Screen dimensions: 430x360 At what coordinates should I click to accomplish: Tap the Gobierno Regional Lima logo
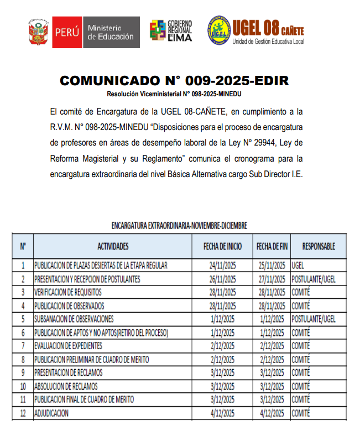click(171, 31)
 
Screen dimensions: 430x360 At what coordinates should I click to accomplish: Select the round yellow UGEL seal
click(219, 30)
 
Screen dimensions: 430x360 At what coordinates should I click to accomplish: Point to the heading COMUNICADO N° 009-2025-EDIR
click(174, 81)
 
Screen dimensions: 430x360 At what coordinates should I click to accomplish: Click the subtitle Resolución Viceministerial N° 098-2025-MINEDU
click(174, 94)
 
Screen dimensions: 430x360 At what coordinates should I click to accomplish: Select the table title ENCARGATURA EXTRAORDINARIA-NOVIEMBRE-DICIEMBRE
click(179, 226)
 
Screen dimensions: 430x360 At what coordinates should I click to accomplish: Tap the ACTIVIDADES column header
click(113, 246)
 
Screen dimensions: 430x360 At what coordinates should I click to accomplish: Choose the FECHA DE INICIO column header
click(223, 246)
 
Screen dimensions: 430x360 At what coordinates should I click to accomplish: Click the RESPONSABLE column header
click(319, 246)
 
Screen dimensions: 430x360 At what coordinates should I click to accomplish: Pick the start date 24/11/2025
click(223, 266)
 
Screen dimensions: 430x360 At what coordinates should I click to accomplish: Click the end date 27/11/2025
click(272, 279)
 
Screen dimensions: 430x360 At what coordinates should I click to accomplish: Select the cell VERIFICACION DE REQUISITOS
click(69, 292)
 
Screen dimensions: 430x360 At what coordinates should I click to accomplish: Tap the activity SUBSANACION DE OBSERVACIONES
click(74, 319)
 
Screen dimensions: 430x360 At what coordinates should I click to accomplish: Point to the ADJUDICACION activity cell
click(52, 413)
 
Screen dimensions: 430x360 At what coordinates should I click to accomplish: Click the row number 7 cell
click(23, 346)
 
